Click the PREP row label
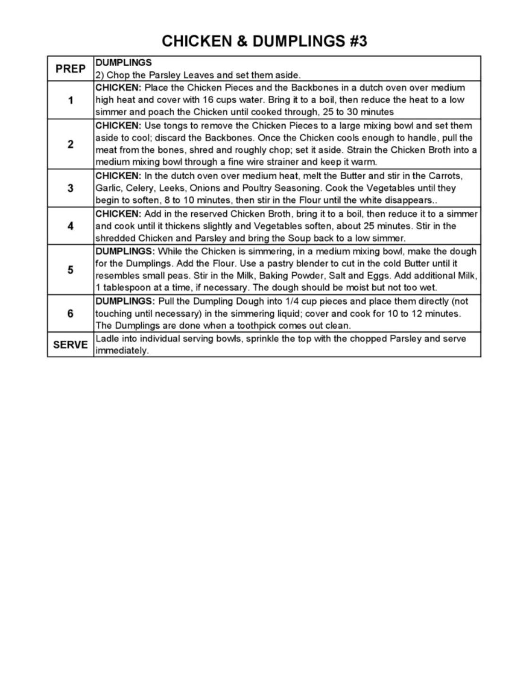coord(70,69)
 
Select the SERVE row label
coord(70,345)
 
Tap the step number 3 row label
coord(70,188)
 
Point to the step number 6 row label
coord(70,313)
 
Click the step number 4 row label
coord(70,226)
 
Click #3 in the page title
coord(358,41)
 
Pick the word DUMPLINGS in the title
coord(299,41)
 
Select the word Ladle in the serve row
coord(107,339)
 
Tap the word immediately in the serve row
coord(121,351)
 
